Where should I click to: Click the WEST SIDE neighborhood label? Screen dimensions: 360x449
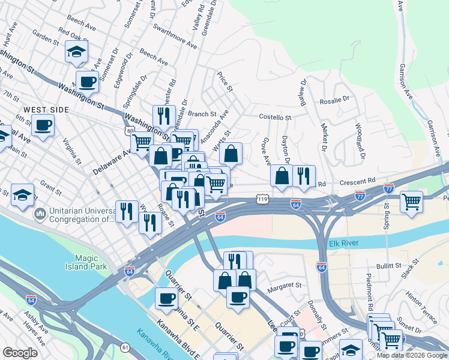click(x=46, y=110)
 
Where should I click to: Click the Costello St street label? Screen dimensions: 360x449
click(x=274, y=118)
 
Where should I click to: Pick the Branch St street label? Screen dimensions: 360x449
click(x=202, y=114)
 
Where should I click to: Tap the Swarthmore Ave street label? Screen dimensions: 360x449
click(x=175, y=37)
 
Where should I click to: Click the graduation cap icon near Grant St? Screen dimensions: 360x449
click(x=22, y=194)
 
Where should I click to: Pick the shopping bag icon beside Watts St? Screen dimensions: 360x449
click(x=231, y=154)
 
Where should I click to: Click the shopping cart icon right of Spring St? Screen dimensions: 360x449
click(x=411, y=201)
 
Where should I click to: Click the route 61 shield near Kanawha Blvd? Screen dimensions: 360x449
click(x=125, y=347)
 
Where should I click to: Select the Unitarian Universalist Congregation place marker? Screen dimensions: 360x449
click(x=40, y=213)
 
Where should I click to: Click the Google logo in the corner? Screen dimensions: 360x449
click(x=20, y=352)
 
